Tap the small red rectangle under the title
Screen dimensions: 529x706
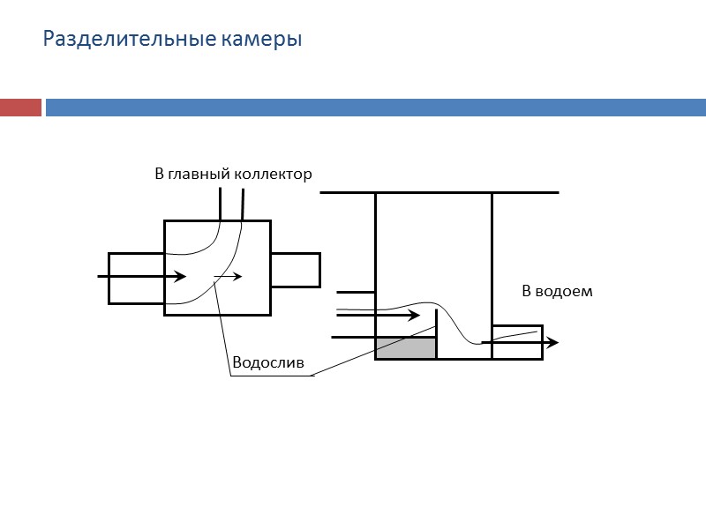pyautogui.click(x=20, y=108)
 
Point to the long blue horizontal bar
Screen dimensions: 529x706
pyautogui.click(x=375, y=108)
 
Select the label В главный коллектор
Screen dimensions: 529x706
pyautogui.click(x=233, y=175)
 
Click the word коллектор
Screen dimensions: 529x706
pyautogui.click(x=274, y=175)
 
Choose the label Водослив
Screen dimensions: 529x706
pyautogui.click(x=267, y=362)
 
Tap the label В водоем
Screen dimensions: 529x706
pyautogui.click(x=557, y=291)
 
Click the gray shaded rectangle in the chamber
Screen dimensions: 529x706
pyautogui.click(x=406, y=347)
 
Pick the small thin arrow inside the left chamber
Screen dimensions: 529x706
pyautogui.click(x=228, y=277)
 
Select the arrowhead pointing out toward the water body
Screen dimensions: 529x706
pyautogui.click(x=552, y=342)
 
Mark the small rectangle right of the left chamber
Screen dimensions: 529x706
pyautogui.click(x=295, y=270)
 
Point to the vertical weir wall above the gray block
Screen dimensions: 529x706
pyautogui.click(x=437, y=322)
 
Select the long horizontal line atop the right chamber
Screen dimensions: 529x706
pyautogui.click(x=439, y=192)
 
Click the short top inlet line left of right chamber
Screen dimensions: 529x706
pyautogui.click(x=357, y=291)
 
